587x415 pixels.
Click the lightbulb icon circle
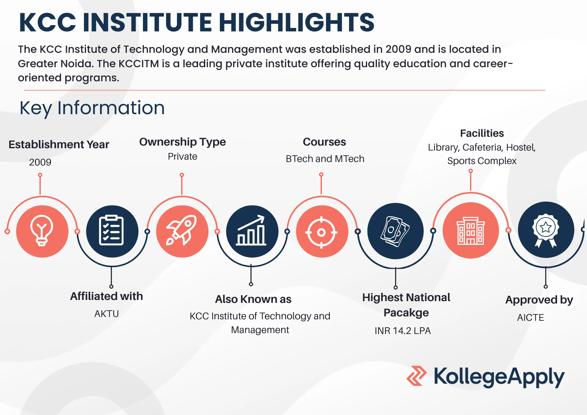coord(42,231)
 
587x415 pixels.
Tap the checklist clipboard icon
coord(112,230)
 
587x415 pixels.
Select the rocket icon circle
coord(182,231)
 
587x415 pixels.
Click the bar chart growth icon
coord(252,231)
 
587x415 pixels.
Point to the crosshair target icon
coord(321,232)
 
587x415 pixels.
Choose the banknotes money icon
coord(395,231)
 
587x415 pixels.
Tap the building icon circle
coord(471,230)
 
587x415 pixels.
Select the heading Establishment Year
coord(59,144)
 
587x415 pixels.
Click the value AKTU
coord(107,314)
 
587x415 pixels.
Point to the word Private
coord(183,156)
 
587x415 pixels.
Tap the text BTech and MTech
coord(325,159)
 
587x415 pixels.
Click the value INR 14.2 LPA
coord(403,331)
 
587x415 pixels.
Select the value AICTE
coord(531,318)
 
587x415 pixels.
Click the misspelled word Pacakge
coord(406,313)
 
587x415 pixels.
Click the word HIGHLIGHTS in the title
coord(296,22)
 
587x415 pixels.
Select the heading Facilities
coord(482,133)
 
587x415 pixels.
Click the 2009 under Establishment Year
coord(40,162)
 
